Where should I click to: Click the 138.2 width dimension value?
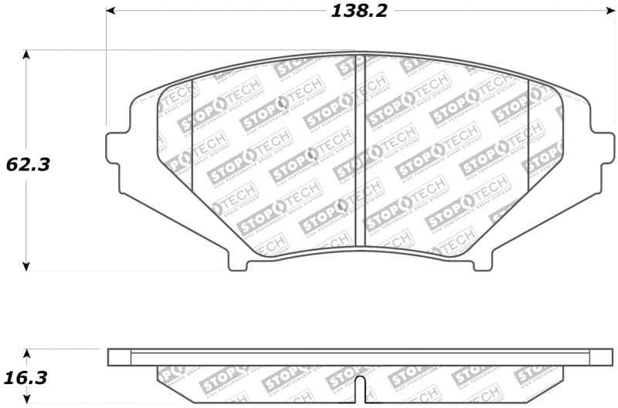[x=358, y=11]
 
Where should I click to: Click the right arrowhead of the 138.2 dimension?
[x=606, y=11]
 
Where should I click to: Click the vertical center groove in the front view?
[x=358, y=154]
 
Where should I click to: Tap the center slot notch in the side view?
[x=358, y=387]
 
